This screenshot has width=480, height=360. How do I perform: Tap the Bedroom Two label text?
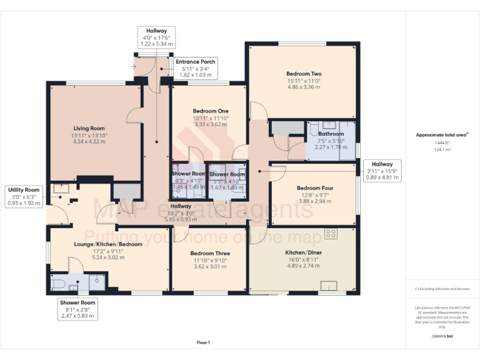tap(303, 73)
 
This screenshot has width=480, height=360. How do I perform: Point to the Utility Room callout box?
tap(23, 196)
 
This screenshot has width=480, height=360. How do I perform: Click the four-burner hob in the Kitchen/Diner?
tap(331, 234)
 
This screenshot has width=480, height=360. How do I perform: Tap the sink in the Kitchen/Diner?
tap(329, 286)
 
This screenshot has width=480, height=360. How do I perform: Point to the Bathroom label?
tap(331, 134)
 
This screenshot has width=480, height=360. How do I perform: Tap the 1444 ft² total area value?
tap(442, 143)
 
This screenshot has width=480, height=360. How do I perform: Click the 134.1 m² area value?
tap(442, 150)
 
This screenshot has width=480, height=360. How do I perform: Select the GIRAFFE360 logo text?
tap(442, 336)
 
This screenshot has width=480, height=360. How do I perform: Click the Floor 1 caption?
tap(203, 342)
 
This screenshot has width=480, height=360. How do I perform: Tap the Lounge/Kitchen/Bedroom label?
tap(109, 244)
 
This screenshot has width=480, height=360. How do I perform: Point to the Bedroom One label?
tap(211, 111)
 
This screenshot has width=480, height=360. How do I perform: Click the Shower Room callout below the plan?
tap(77, 309)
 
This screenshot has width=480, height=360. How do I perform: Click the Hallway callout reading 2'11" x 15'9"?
tap(382, 171)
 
